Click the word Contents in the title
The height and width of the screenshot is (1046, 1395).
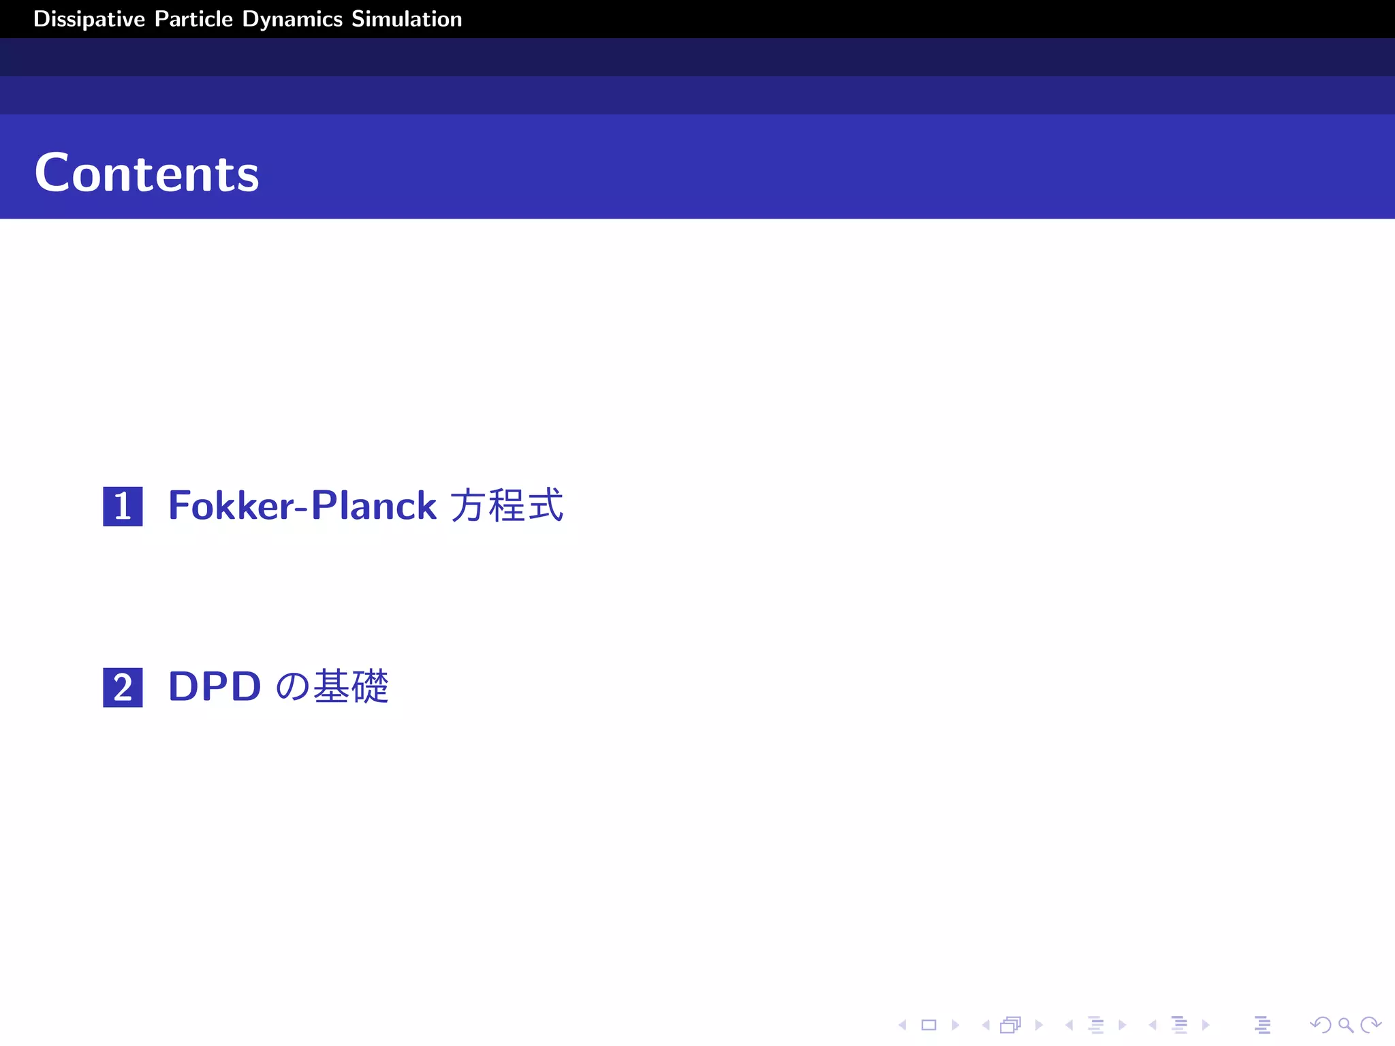click(x=146, y=174)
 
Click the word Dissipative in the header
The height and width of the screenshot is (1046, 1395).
click(x=89, y=19)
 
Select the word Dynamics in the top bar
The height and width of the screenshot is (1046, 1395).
click(x=292, y=19)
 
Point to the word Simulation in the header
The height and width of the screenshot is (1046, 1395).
click(x=407, y=19)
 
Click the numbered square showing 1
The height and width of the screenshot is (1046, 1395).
click(x=123, y=506)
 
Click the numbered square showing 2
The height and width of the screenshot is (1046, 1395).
click(x=123, y=687)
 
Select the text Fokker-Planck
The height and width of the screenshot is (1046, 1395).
click(x=302, y=506)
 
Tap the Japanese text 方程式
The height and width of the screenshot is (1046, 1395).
click(x=507, y=506)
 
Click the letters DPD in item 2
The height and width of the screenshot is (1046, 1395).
click(x=215, y=686)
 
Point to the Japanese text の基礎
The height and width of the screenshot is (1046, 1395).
click(x=332, y=686)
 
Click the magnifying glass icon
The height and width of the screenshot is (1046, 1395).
click(x=1345, y=1025)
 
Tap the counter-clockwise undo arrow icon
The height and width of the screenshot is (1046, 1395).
click(x=1320, y=1025)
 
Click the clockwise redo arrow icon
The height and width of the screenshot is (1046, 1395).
click(x=1370, y=1025)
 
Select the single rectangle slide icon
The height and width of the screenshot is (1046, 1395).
click(x=928, y=1025)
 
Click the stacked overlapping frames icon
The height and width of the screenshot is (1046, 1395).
click(x=1011, y=1025)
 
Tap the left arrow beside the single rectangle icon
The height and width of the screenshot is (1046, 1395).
click(x=903, y=1025)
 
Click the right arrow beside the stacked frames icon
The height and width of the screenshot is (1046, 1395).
click(x=1039, y=1025)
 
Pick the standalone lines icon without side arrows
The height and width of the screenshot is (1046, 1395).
click(x=1262, y=1025)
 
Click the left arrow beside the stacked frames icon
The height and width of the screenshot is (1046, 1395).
click(x=986, y=1025)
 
